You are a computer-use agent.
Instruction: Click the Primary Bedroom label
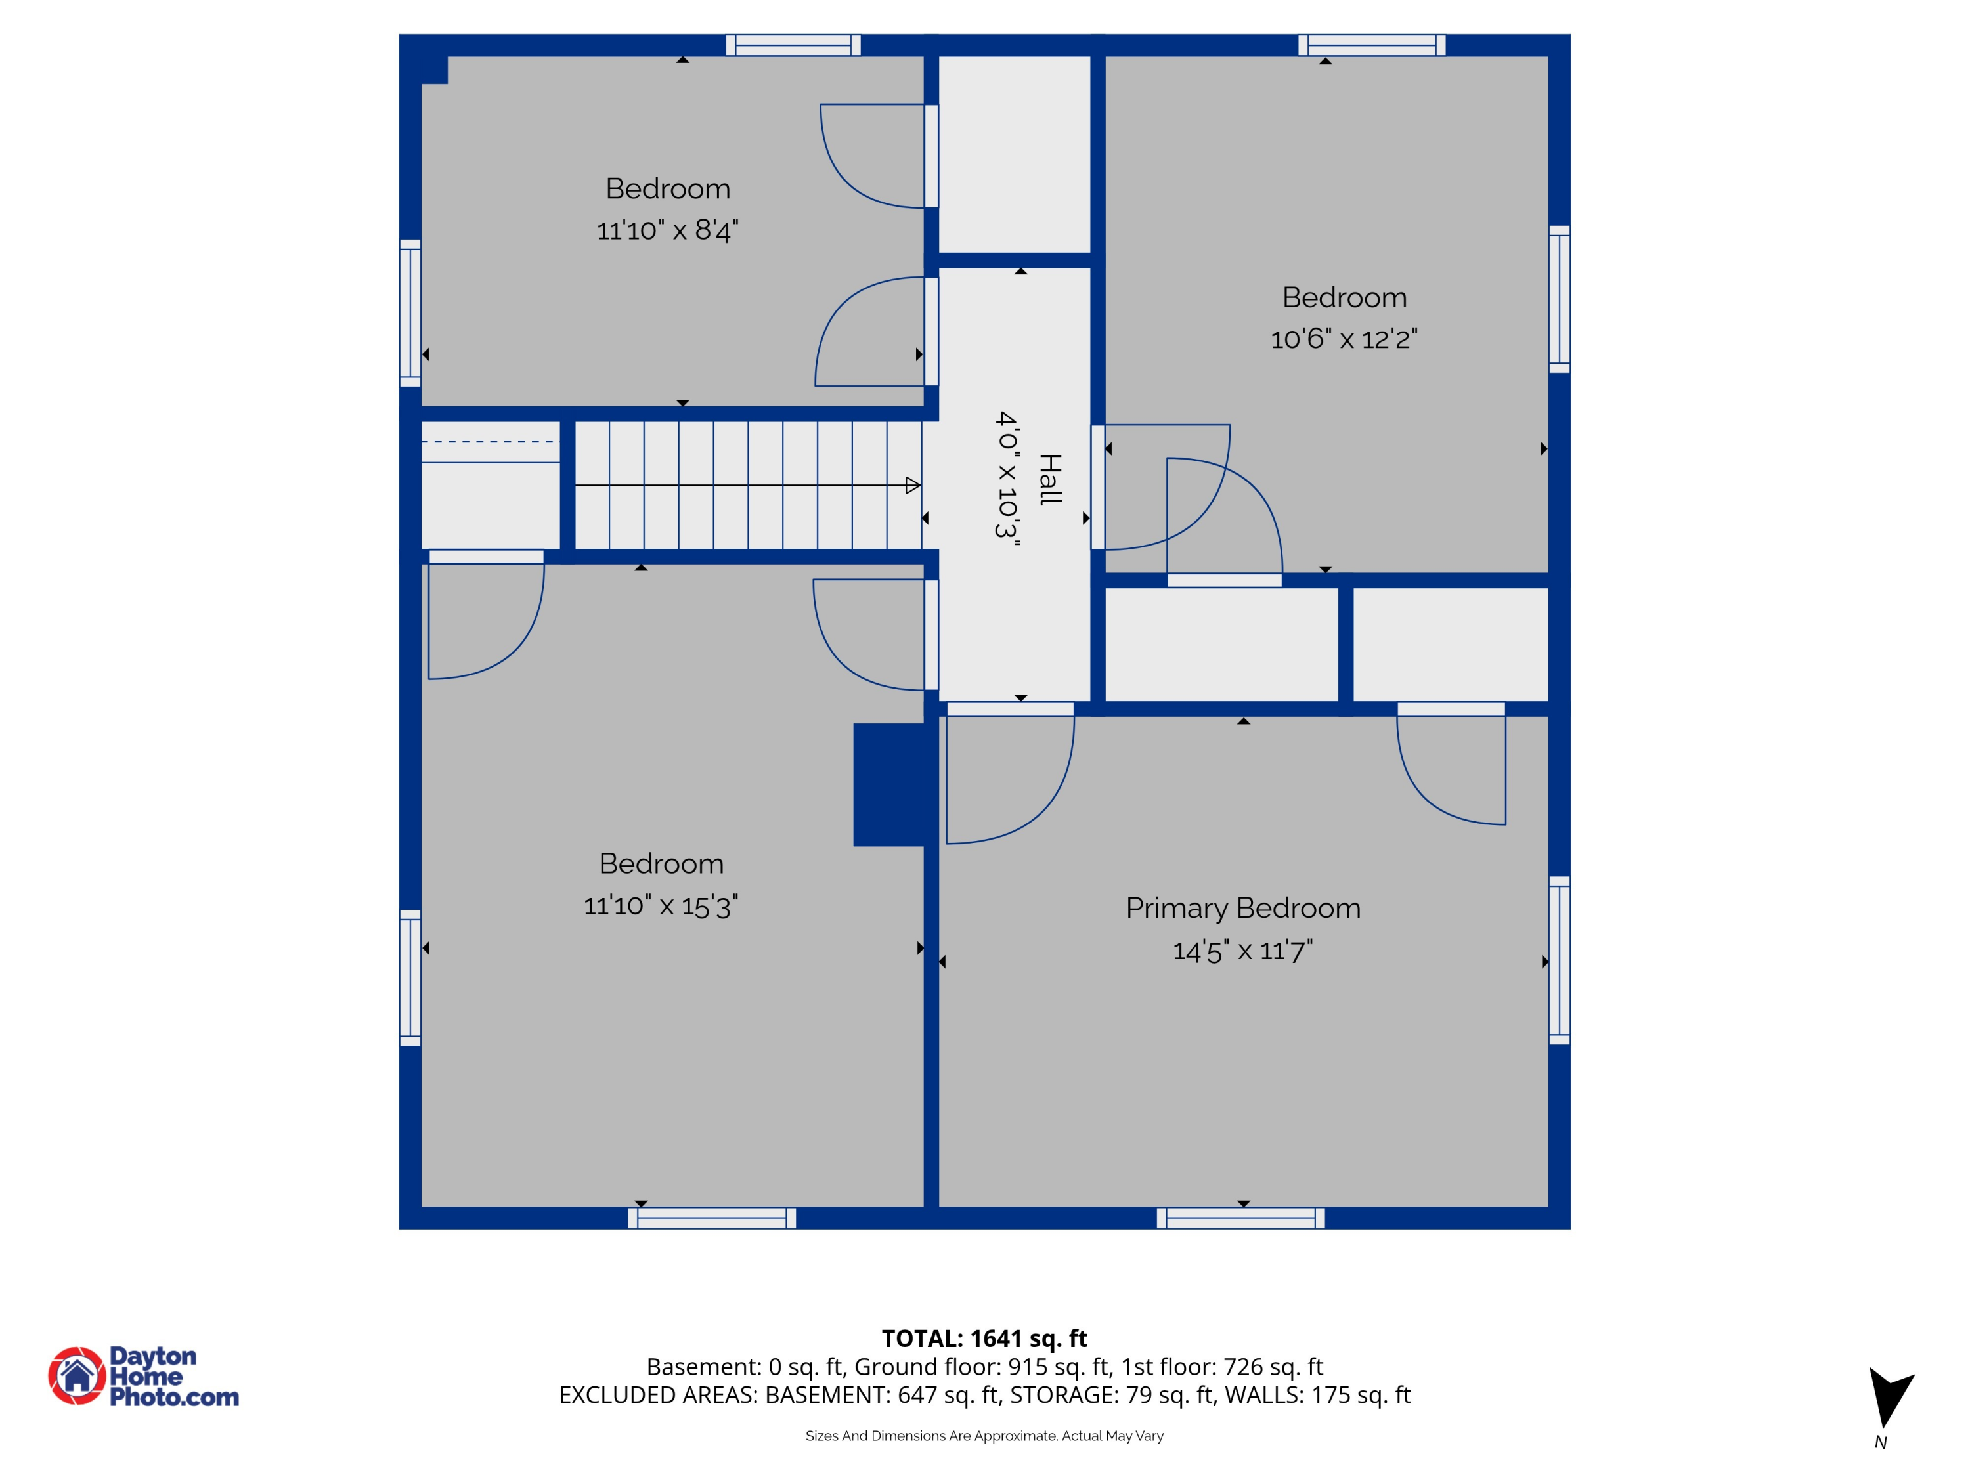click(1242, 908)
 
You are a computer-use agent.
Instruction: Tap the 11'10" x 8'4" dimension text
click(667, 230)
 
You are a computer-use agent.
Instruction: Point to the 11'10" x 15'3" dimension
click(660, 907)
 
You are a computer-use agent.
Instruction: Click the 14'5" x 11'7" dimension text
click(1242, 951)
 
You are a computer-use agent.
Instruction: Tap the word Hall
click(1051, 479)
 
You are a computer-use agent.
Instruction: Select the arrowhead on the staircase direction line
click(912, 485)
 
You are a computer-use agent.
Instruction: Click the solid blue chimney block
click(888, 784)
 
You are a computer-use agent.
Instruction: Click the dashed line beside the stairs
click(488, 442)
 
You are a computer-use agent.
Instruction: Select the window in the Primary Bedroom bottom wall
click(1240, 1218)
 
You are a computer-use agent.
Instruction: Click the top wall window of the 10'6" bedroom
click(1372, 45)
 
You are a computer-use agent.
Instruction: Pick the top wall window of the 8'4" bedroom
click(793, 45)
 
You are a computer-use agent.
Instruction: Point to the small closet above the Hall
click(1015, 154)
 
